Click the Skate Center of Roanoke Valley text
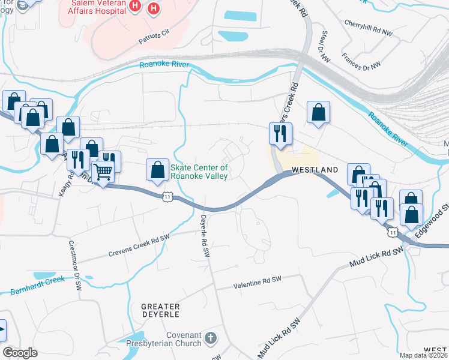[x=199, y=172]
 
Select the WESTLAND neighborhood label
[x=315, y=170]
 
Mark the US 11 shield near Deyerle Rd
[x=169, y=196]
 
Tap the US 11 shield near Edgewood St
[x=393, y=231]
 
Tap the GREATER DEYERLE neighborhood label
[x=160, y=310]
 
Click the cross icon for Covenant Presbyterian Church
[x=209, y=338]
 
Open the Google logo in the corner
[x=20, y=353]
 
